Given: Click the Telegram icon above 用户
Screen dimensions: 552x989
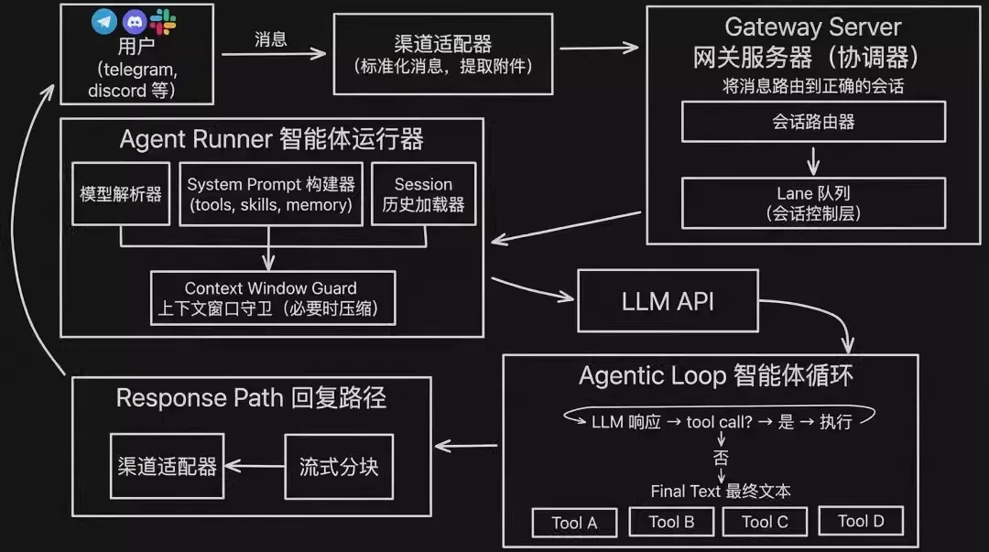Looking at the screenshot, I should [105, 21].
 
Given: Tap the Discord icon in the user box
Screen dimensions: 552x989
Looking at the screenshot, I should [135, 21].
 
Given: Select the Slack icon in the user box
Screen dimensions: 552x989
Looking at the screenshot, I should [164, 20].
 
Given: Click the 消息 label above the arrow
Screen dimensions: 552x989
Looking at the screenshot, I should [270, 39].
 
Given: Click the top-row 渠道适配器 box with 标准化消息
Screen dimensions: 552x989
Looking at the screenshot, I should [442, 54].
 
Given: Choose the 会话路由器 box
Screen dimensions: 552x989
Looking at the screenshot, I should [813, 122].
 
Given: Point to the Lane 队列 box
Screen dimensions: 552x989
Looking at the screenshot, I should [813, 203].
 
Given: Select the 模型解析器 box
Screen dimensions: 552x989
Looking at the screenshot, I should [121, 194].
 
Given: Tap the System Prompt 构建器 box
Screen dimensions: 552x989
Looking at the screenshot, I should [270, 194].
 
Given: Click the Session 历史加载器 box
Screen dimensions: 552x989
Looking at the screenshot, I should [423, 194].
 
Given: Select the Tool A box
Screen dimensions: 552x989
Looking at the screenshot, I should [574, 523].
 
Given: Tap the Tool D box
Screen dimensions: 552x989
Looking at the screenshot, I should [861, 521].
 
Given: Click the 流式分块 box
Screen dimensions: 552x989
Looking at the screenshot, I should [338, 467].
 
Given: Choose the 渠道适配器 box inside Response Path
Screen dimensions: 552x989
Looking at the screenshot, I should [167, 467].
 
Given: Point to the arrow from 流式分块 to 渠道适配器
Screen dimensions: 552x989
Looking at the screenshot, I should [254, 467].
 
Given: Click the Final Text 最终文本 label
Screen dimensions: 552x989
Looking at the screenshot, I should [721, 492].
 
